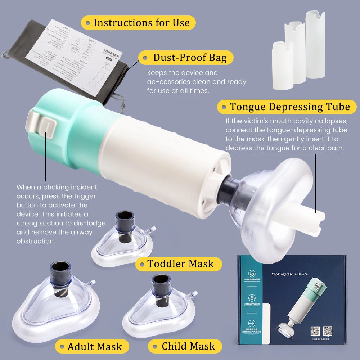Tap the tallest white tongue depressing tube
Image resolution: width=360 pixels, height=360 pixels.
point(315,45)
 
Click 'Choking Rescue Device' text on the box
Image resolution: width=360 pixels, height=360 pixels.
point(289,274)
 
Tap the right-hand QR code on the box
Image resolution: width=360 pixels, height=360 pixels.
point(327,331)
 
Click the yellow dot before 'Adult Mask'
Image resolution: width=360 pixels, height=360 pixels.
point(62,347)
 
